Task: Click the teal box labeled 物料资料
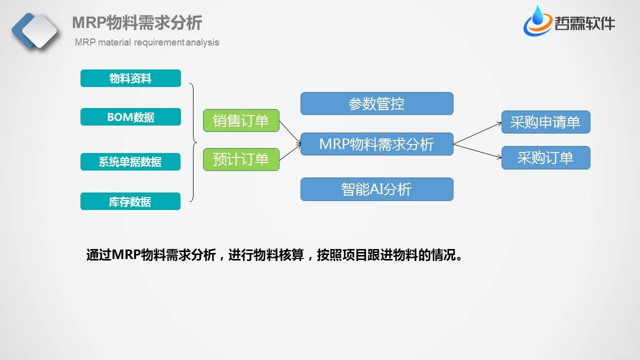pos(130,78)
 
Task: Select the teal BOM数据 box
pos(130,117)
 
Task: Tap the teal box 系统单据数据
pos(130,162)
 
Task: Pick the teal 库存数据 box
pos(130,201)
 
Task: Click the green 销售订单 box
pos(241,120)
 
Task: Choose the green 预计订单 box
pos(241,159)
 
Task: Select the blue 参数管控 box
pos(376,103)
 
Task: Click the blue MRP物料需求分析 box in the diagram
pos(376,144)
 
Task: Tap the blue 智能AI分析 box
pos(376,189)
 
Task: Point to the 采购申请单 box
pos(545,122)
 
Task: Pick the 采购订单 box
pos(545,158)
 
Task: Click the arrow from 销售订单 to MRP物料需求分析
pos(290,133)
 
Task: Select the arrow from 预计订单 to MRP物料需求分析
pos(290,152)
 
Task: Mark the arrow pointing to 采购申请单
pos(477,133)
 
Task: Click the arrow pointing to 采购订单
pos(477,151)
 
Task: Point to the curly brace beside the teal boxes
pos(193,142)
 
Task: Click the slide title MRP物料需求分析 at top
pos(137,23)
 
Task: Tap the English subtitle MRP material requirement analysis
pos(147,42)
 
